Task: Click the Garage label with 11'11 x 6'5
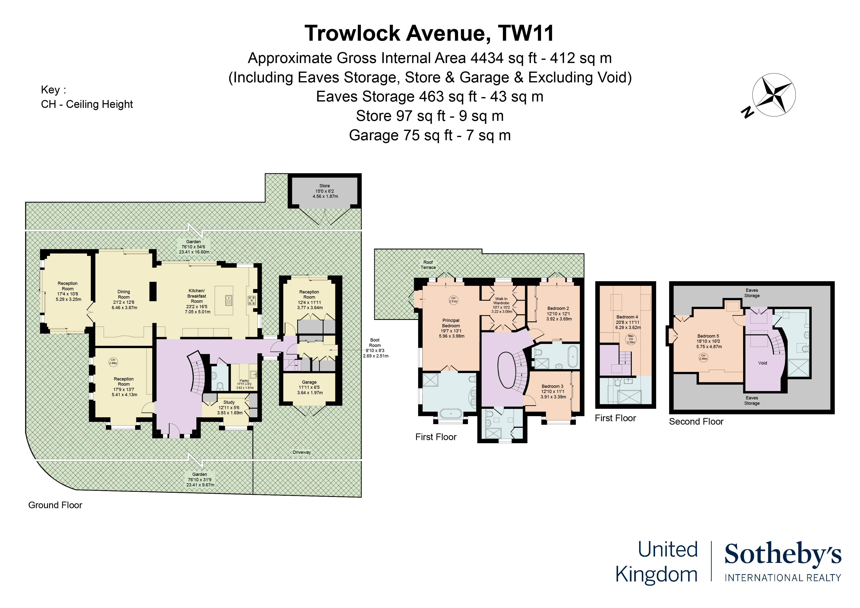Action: pyautogui.click(x=309, y=387)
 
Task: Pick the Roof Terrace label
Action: pyautogui.click(x=428, y=265)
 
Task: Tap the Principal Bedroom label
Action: pyautogui.click(x=451, y=328)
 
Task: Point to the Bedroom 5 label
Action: pyautogui.click(x=708, y=341)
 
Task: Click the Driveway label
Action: pyautogui.click(x=302, y=452)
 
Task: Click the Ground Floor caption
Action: pyautogui.click(x=55, y=505)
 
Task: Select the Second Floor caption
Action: pyautogui.click(x=696, y=421)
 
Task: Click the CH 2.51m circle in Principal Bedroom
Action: pyautogui.click(x=453, y=300)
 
